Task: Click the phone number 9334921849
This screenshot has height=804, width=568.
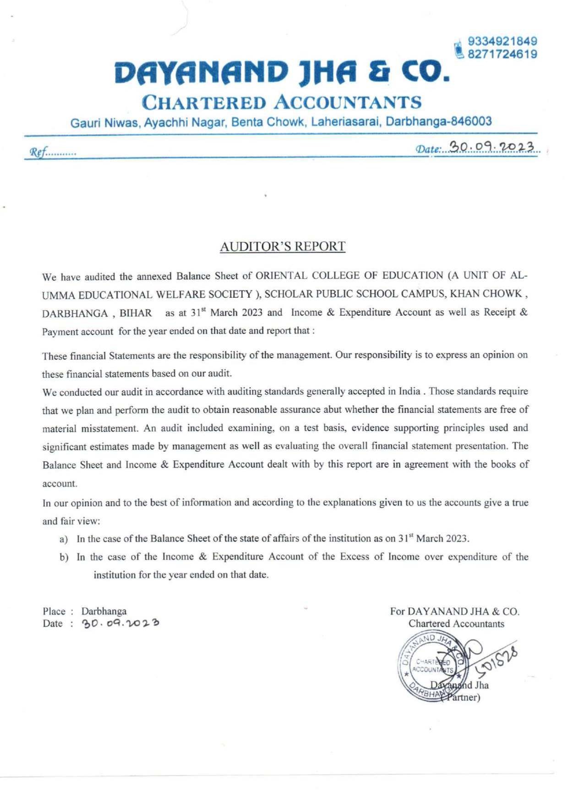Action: (502, 41)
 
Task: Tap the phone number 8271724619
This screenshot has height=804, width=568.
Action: (502, 55)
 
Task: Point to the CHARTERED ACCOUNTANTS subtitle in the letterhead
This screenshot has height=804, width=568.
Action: (281, 103)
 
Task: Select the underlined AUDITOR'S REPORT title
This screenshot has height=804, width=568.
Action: (282, 246)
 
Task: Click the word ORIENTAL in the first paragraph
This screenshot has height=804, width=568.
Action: (281, 275)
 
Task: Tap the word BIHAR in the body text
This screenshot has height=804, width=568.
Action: (136, 313)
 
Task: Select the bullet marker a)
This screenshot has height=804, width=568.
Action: (64, 539)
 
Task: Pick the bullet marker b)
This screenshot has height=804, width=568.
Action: (64, 558)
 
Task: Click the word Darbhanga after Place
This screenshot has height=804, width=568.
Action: (104, 611)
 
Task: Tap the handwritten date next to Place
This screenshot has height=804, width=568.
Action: (120, 624)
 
